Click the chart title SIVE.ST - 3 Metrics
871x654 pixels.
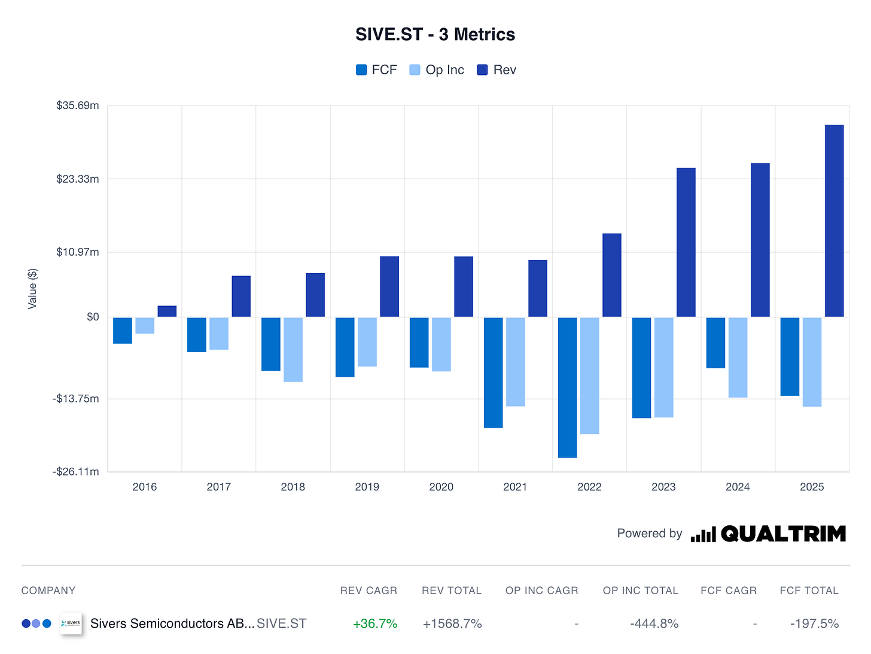click(435, 35)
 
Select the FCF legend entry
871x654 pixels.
click(376, 70)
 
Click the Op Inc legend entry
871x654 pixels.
click(437, 70)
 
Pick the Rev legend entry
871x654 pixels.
click(497, 70)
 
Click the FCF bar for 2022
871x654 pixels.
click(567, 387)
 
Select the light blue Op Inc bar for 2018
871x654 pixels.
click(293, 349)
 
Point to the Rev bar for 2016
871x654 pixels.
click(167, 311)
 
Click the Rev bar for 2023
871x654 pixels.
click(686, 242)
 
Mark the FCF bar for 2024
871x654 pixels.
click(715, 343)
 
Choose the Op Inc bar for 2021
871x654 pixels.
click(516, 362)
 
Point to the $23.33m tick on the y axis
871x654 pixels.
click(78, 179)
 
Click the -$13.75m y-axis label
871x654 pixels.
click(76, 399)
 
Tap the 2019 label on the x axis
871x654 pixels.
click(367, 487)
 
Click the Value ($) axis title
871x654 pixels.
click(32, 289)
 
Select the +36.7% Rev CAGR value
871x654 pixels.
click(375, 623)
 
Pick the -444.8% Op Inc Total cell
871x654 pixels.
click(654, 623)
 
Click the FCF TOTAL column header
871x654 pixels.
click(809, 591)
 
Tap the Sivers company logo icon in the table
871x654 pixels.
click(71, 623)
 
